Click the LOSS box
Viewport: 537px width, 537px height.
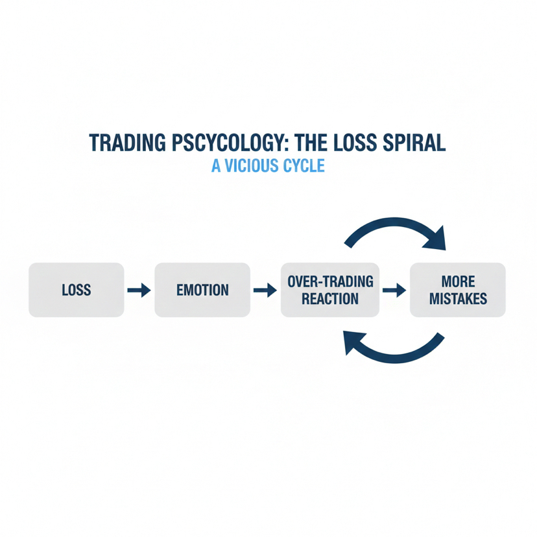(76, 289)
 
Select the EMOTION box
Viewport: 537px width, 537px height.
(202, 289)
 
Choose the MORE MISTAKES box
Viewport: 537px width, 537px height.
(457, 289)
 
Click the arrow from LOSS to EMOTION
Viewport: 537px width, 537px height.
(139, 290)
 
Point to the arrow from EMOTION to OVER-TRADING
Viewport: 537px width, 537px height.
(265, 290)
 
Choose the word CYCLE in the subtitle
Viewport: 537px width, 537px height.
(303, 166)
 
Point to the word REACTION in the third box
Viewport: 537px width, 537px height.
(329, 298)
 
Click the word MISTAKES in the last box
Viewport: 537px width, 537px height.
(457, 298)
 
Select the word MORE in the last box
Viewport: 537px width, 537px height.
(457, 281)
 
